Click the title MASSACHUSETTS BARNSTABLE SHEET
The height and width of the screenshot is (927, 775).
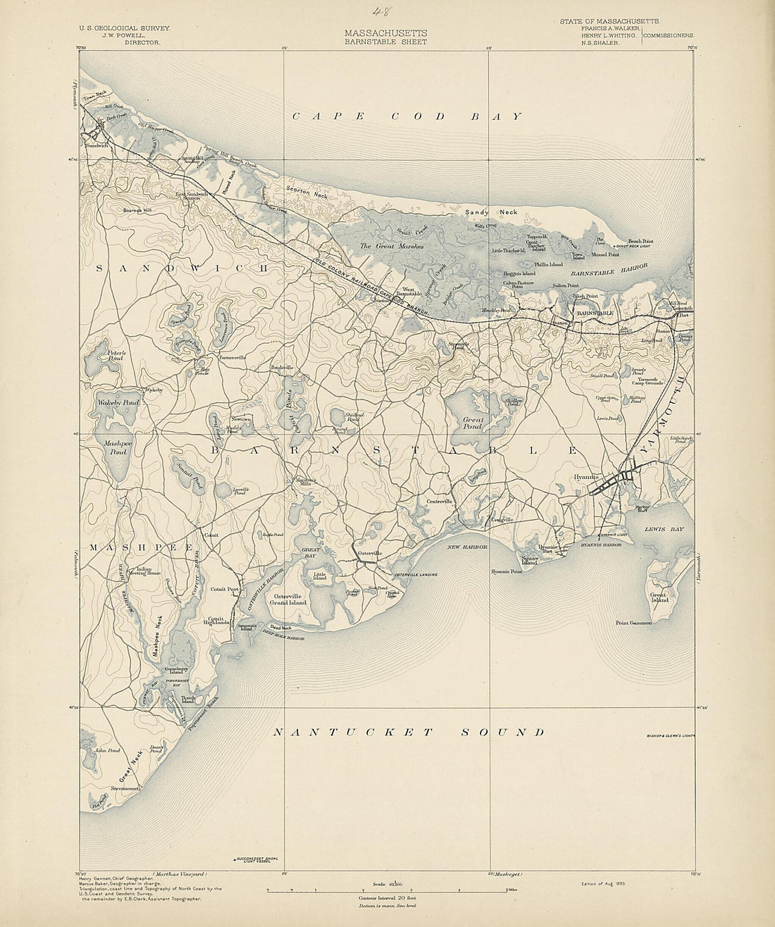(x=385, y=37)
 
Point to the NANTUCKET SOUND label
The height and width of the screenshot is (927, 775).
(x=409, y=733)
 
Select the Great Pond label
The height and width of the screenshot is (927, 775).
(x=472, y=423)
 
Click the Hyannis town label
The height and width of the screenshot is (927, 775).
(x=586, y=477)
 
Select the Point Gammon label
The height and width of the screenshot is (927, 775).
(x=634, y=623)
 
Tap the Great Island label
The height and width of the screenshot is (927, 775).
(x=659, y=597)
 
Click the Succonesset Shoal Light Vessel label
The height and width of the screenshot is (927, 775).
(x=259, y=861)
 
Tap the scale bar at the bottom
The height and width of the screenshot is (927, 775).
(x=387, y=890)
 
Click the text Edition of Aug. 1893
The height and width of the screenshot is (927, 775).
(x=600, y=883)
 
